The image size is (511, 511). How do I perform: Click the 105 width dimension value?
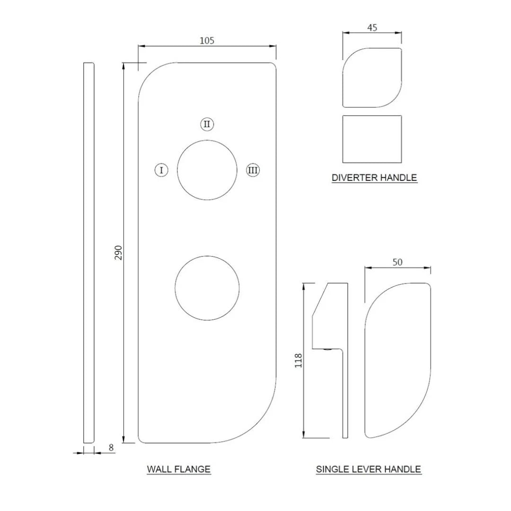coord(207,40)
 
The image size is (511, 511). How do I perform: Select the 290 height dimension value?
coord(119,252)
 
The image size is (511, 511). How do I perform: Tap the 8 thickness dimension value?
coord(111,448)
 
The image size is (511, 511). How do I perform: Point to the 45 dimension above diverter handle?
coord(372,27)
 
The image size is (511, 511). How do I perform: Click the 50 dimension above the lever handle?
coord(397,262)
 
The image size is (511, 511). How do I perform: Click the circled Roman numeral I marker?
coord(161,170)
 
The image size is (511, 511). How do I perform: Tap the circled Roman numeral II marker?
coord(207,124)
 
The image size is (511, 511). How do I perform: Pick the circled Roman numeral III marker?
coord(253,170)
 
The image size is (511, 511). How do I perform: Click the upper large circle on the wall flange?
coord(207,170)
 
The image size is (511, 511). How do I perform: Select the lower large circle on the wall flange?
coord(207,288)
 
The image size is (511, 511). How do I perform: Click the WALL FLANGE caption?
coord(179,469)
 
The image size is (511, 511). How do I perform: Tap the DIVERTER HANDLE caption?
coord(374,178)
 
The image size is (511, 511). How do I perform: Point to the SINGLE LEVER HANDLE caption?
coord(369,469)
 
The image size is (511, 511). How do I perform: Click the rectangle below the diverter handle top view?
coord(372,139)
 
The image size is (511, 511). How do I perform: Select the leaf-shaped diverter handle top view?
coord(372,78)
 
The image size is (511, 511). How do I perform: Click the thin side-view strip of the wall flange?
coord(88,252)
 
